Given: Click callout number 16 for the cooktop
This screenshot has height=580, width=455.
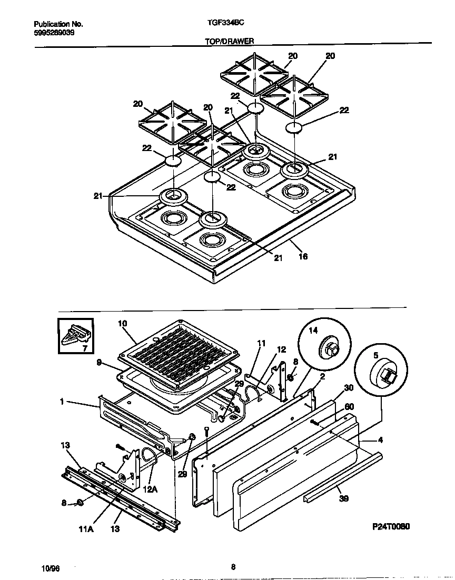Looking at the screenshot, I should tap(303, 257).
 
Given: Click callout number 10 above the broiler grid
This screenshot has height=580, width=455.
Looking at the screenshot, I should tap(123, 323).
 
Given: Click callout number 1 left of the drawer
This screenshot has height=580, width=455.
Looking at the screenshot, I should tap(62, 402).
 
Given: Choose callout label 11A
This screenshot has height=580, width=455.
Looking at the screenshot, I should tap(87, 529).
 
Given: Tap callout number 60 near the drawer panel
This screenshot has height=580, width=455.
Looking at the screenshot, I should tap(349, 407).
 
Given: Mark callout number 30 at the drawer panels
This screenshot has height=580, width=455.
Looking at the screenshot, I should tap(348, 388).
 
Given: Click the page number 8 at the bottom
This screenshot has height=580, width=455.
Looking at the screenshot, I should tap(233, 567).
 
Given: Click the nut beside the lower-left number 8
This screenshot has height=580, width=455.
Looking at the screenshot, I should tap(80, 503).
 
